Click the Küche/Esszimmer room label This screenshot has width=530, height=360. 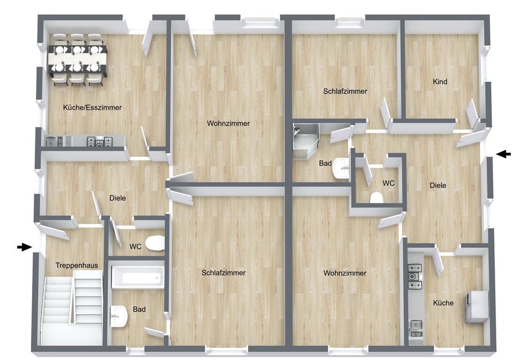click(92, 108)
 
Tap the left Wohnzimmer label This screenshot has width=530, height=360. click(229, 123)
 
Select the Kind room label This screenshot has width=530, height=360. click(440, 82)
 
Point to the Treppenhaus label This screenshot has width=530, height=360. click(77, 266)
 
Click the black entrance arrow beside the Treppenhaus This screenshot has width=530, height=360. click(24, 247)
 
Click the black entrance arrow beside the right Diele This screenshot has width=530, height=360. click(504, 154)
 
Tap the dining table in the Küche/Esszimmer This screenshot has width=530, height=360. click(78, 60)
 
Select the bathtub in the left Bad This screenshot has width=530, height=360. click(137, 277)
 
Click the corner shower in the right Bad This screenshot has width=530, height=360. click(305, 141)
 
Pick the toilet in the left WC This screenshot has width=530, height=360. click(155, 243)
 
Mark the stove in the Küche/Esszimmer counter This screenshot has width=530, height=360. click(100, 142)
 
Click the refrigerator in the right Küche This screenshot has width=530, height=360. click(477, 307)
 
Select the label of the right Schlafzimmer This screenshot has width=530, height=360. click(345, 91)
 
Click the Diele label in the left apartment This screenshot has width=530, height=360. click(118, 198)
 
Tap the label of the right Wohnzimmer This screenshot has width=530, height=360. click(344, 273)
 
